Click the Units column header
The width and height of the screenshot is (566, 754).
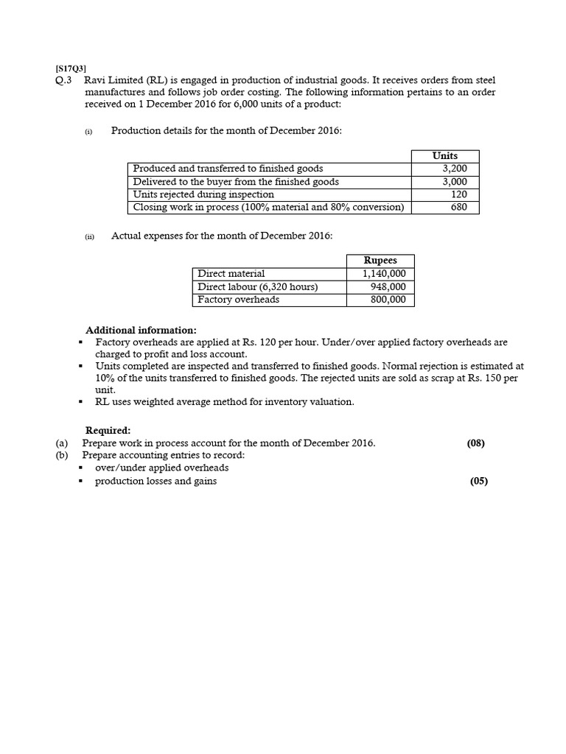tap(445, 156)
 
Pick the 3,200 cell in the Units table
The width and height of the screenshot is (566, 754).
tap(454, 169)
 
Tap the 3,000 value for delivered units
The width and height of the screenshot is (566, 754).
tap(454, 182)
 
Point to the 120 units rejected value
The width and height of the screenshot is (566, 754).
tap(458, 194)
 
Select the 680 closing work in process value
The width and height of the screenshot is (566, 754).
tap(458, 208)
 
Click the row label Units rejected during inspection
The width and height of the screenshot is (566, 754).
tap(203, 194)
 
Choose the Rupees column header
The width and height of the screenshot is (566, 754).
tap(380, 261)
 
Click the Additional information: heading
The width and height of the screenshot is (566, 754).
tap(141, 330)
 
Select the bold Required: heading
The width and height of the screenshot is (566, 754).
tap(108, 430)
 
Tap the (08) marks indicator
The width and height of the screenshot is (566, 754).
tap(476, 443)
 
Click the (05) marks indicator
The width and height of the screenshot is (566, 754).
tap(478, 482)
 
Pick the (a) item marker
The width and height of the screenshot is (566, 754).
tap(61, 443)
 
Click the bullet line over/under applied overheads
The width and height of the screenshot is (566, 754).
tap(161, 468)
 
